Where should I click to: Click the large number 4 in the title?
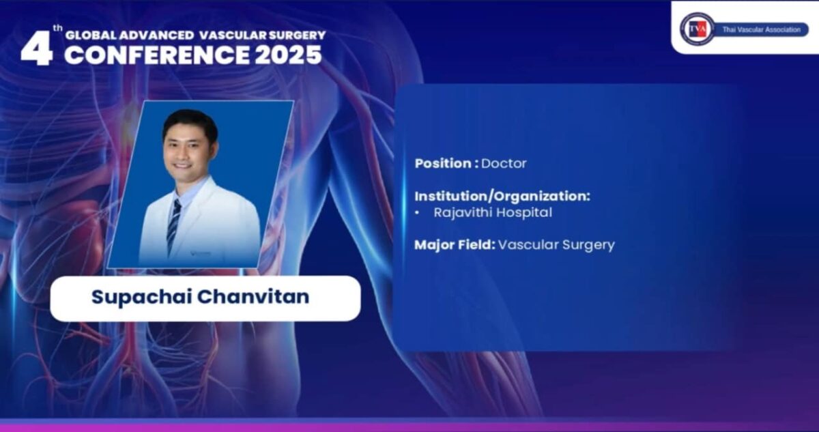coord(36,49)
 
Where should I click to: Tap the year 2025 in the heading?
coord(288,55)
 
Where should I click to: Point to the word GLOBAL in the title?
coord(87,35)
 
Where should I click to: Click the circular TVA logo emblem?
coord(697,29)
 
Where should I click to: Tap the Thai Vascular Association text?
coord(761,29)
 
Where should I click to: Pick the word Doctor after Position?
coord(504,164)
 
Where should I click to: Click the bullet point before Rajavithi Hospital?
coord(418,213)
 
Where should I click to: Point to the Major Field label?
coord(455,244)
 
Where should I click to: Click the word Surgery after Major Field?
coord(588,244)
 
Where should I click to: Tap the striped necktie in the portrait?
coord(175,225)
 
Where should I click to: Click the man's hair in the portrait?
coord(190,121)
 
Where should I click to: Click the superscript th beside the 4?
coord(59,29)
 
